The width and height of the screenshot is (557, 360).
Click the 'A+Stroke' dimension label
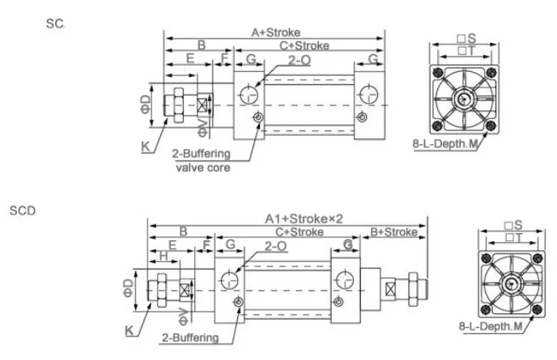point(275,32)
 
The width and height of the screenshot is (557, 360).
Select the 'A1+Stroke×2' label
point(304,218)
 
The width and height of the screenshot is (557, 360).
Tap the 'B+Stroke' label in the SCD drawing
point(394,232)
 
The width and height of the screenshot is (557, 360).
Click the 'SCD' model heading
point(23,210)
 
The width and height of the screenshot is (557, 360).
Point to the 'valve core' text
point(203,167)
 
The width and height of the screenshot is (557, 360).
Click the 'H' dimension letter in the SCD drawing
point(164,256)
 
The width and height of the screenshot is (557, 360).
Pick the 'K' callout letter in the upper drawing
point(146,146)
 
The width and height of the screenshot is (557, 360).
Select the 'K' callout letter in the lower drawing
point(130,331)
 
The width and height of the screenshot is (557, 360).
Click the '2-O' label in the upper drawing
point(299,61)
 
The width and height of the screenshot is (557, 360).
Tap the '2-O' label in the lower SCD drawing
point(275,246)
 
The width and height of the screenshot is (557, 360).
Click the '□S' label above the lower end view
point(513,225)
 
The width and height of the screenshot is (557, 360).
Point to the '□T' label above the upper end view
point(466,51)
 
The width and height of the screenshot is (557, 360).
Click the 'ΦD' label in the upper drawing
point(146,105)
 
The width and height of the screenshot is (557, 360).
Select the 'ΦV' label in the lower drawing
point(183,316)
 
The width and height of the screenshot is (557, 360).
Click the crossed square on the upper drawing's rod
point(202,105)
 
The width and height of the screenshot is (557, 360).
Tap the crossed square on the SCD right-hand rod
point(390,290)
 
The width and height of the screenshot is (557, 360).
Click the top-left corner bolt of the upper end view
point(438,73)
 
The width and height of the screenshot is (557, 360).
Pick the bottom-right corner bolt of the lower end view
point(538,309)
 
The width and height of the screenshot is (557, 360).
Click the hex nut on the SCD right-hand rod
point(413,290)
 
